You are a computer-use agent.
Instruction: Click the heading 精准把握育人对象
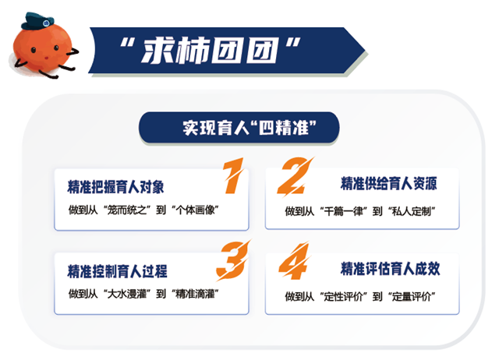116,187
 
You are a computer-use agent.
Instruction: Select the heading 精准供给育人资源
388,185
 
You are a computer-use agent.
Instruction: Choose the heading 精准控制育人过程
118,271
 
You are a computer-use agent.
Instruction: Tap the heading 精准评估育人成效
389,269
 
